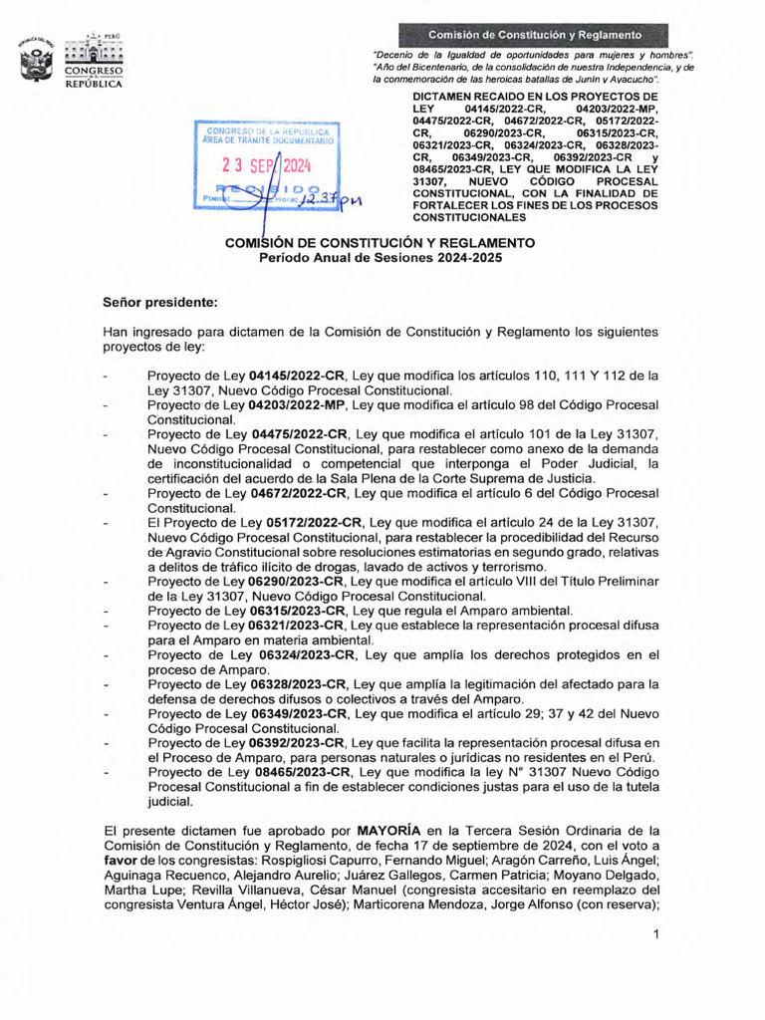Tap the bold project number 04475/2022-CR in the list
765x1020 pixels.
(x=299, y=434)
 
